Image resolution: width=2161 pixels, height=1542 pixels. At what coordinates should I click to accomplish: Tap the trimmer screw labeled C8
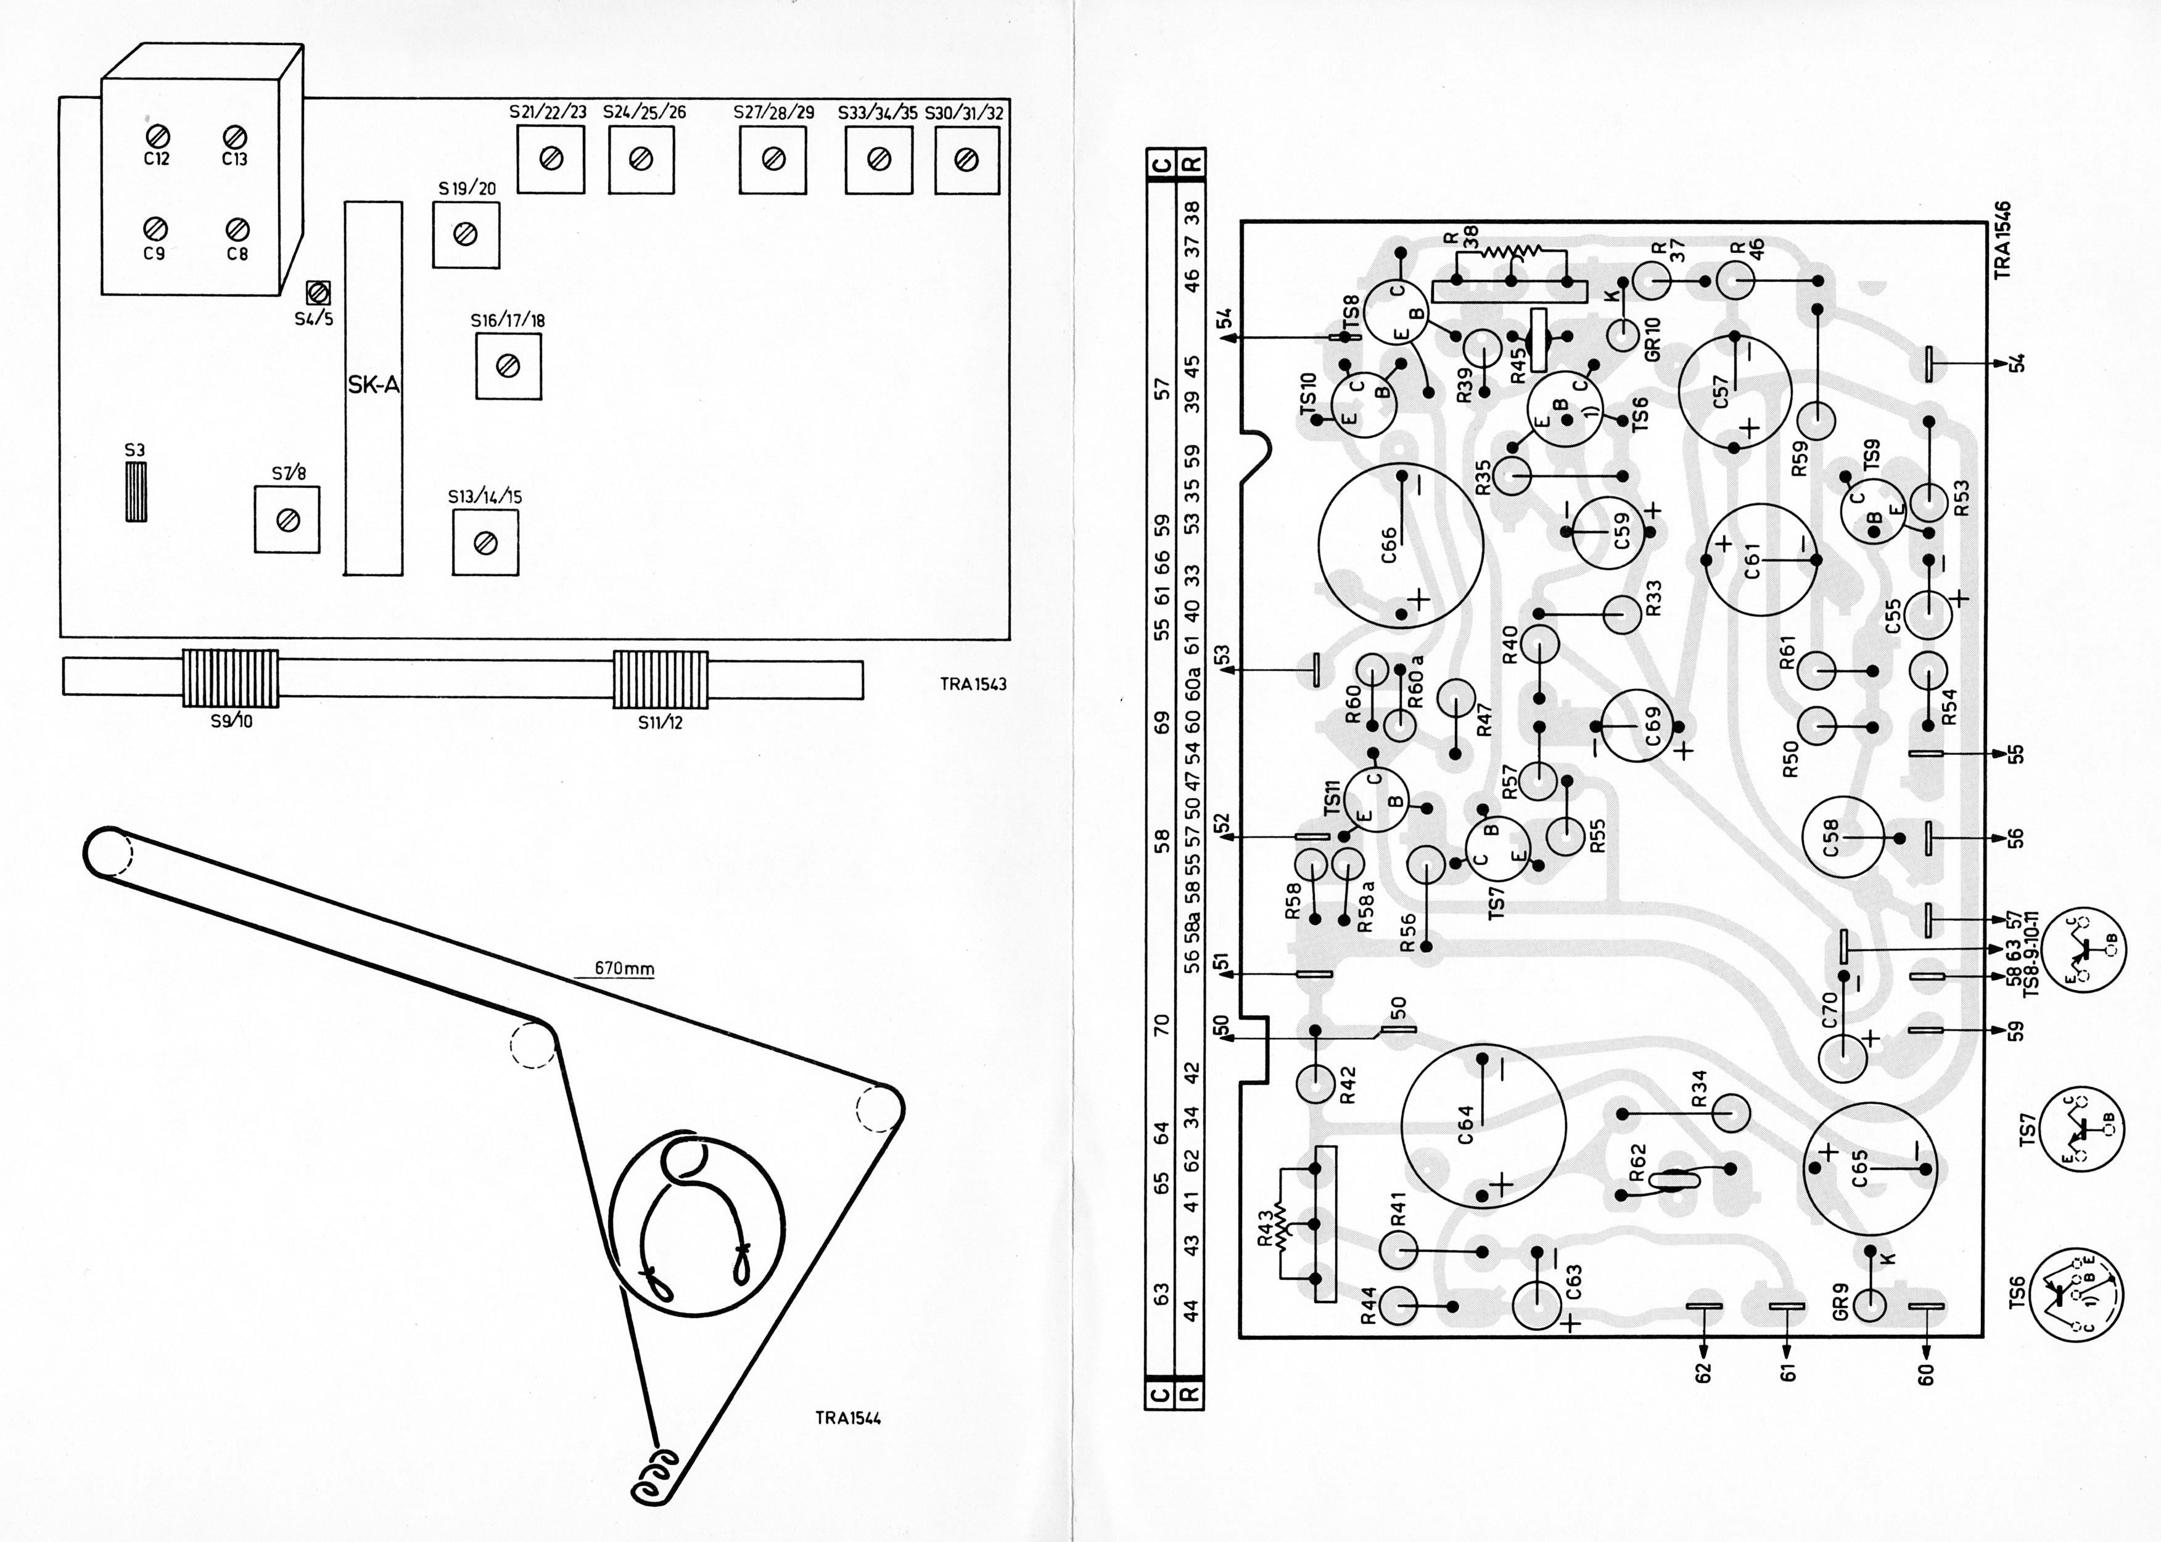pos(237,229)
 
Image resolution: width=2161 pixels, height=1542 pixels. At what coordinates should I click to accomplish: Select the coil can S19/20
pos(465,234)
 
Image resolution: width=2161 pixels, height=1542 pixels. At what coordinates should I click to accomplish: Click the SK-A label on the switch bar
pos(373,387)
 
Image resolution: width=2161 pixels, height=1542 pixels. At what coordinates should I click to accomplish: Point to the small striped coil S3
pos(137,491)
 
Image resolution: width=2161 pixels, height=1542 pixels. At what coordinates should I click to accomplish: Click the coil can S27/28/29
pos(773,160)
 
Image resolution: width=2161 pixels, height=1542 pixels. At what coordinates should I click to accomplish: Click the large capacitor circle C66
pos(1401,544)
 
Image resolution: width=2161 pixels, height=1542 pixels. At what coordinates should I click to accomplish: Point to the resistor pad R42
pos(1316,1083)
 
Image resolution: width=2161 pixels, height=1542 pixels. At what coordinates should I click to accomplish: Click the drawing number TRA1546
pos(2003,239)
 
